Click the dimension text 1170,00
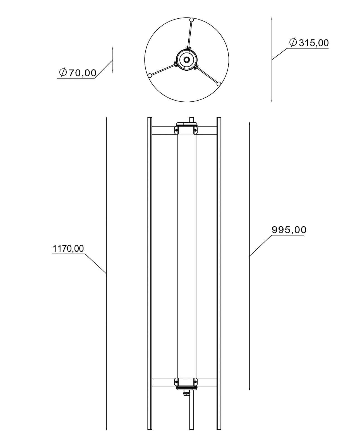point(68,248)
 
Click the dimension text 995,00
point(289,230)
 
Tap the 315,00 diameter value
point(314,43)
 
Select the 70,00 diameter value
point(83,73)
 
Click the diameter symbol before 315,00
point(293,42)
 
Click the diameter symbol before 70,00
point(63,72)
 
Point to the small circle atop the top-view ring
point(191,20)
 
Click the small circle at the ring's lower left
point(150,75)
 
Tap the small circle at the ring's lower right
point(219,84)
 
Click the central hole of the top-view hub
point(186,60)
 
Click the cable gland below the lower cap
point(186,393)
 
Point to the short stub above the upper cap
point(191,120)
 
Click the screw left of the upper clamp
point(176,130)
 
